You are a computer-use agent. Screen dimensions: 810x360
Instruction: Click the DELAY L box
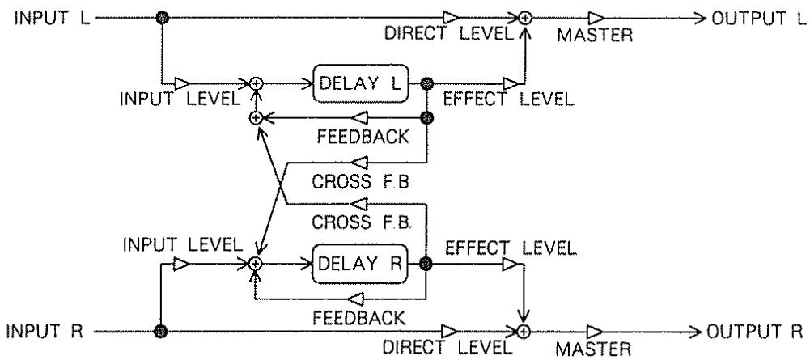[361, 83]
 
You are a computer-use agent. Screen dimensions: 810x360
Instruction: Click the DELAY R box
[361, 264]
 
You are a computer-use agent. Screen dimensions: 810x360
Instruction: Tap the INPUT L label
[52, 19]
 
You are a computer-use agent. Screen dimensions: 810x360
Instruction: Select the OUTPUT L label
[759, 19]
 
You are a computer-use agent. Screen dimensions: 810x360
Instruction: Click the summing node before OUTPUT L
[525, 19]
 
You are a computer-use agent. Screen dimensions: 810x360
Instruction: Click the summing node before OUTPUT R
[524, 331]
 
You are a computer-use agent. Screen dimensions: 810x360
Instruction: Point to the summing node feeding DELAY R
[255, 264]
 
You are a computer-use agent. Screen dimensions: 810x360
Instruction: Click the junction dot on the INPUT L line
[163, 19]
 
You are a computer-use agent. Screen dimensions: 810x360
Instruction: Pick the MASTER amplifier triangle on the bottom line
[595, 331]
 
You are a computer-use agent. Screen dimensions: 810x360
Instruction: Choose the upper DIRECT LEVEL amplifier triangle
[451, 19]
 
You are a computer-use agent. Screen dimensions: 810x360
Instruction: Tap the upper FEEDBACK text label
[363, 138]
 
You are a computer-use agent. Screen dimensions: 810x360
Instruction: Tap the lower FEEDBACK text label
[359, 318]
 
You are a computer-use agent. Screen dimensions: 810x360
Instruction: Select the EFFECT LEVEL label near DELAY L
[508, 100]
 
